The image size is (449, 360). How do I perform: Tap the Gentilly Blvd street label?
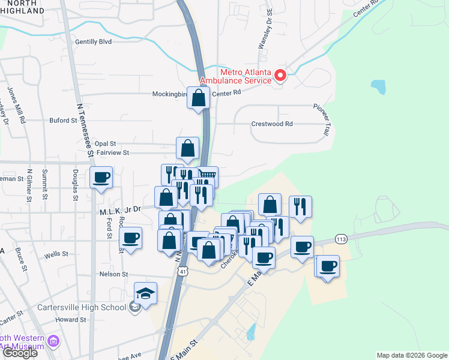pos(94,42)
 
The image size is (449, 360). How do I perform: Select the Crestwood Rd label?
pos(272,124)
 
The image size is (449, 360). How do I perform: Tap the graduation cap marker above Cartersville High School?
pos(145,293)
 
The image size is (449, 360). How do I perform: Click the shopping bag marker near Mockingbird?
pos(198,98)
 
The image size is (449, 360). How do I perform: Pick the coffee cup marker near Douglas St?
pos(101,178)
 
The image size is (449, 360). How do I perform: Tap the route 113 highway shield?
pos(341,239)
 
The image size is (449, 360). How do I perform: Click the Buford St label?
pos(60,120)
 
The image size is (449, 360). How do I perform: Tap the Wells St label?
pos(56,254)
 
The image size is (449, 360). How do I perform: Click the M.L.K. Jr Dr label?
pos(120,209)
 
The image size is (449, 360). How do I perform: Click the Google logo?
pos(20,353)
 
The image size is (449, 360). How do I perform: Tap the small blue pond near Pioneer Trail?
pos(379,88)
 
